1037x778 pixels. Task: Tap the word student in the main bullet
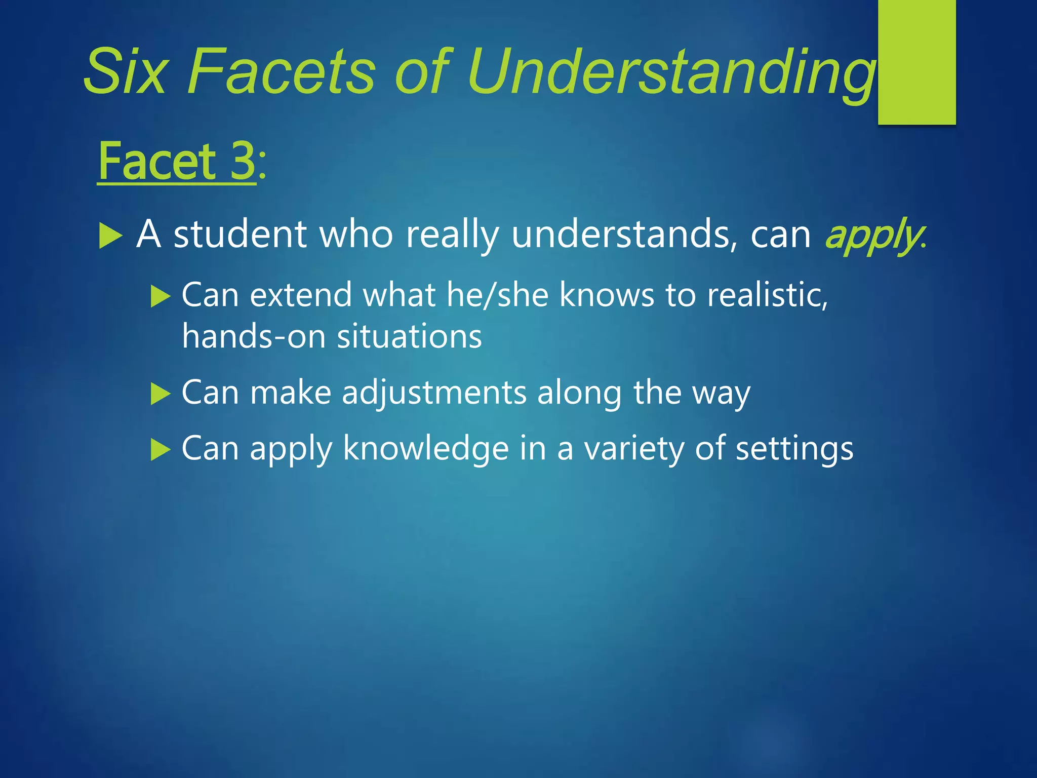pos(240,235)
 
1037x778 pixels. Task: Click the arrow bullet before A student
pos(111,236)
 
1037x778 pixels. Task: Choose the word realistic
pos(767,295)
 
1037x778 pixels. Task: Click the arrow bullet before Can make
pos(161,394)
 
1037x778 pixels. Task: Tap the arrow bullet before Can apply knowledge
pos(161,449)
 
